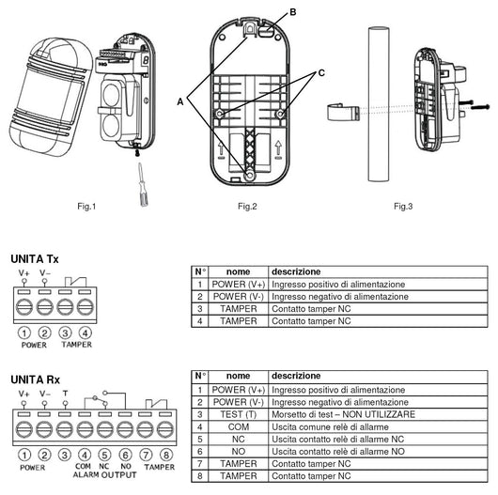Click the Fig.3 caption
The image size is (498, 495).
404,206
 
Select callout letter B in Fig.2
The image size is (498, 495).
292,11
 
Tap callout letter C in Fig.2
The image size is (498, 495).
322,71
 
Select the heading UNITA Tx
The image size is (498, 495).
34,258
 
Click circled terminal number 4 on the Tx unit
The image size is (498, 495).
86,333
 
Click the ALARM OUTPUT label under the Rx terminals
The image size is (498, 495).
103,473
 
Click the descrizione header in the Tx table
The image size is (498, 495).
295,271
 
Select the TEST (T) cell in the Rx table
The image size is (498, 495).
238,413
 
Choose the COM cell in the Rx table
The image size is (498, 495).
238,425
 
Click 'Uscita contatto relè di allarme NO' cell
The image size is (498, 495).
337,451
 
